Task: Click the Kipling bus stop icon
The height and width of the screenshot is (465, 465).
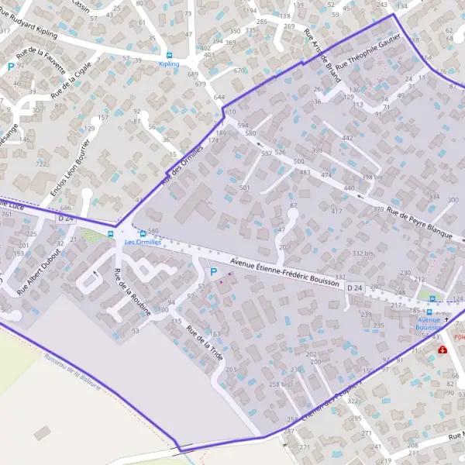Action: (169, 55)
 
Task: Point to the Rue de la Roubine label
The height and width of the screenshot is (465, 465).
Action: (132, 291)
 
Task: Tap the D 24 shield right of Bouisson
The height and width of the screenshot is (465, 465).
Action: (355, 288)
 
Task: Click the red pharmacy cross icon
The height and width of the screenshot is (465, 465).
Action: (443, 350)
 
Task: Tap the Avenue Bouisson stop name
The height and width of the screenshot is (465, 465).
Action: (429, 323)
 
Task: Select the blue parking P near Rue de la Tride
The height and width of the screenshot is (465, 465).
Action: (214, 272)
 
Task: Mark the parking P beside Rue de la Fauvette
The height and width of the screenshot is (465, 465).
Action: (11, 67)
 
